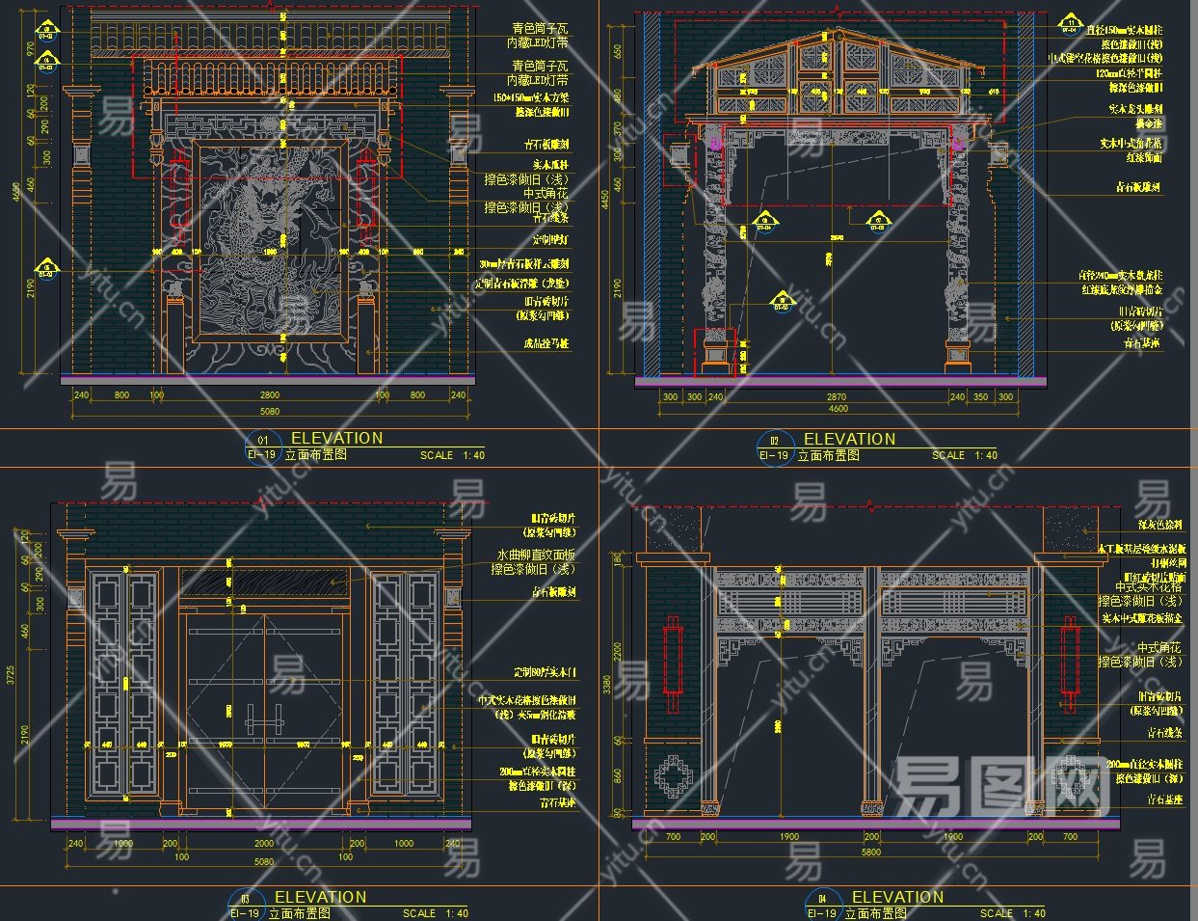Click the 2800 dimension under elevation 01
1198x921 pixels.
269,395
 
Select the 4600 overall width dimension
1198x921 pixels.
839,409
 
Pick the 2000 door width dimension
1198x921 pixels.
263,844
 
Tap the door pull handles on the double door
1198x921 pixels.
264,718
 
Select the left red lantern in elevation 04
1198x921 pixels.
672,661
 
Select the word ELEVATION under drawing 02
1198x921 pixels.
849,439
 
